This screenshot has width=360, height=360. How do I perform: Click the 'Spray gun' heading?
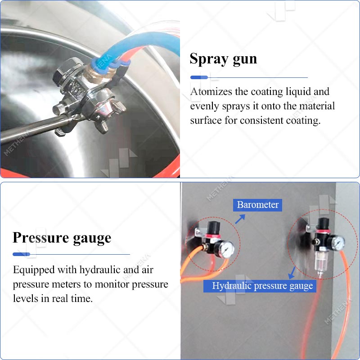(223, 59)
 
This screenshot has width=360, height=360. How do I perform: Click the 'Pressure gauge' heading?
(62, 238)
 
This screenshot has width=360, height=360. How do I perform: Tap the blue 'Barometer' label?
(257, 205)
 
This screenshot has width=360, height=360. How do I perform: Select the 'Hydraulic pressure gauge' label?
(260, 286)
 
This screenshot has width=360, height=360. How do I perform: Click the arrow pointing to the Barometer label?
(240, 219)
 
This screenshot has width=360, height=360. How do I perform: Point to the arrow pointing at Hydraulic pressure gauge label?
(292, 273)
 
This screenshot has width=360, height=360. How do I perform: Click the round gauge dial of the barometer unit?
(227, 249)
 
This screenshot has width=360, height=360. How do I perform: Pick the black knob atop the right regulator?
(323, 224)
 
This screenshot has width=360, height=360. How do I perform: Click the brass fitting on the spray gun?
(99, 73)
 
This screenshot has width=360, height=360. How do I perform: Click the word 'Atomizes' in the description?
(211, 92)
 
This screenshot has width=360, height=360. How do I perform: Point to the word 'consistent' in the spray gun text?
(262, 120)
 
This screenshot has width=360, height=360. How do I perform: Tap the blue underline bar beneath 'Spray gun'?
(199, 77)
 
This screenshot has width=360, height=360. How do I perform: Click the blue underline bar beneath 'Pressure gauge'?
(21, 254)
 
